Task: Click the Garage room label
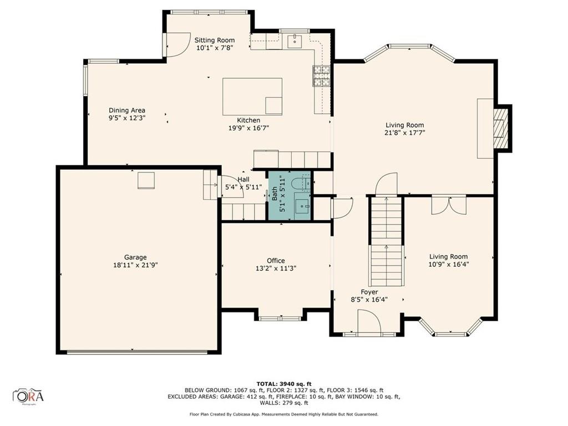(x=135, y=257)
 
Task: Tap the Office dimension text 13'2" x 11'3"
(x=276, y=269)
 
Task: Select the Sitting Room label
(x=214, y=40)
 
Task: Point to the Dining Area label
(x=126, y=110)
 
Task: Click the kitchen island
(x=252, y=96)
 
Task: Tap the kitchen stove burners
(x=321, y=77)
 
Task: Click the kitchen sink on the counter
(x=294, y=40)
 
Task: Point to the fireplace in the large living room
(x=501, y=128)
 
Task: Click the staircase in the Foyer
(x=386, y=241)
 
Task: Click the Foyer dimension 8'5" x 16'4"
(x=369, y=300)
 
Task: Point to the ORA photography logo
(x=29, y=396)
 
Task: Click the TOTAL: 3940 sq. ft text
(x=284, y=383)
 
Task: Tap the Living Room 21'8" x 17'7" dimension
(x=405, y=133)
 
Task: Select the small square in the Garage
(x=146, y=181)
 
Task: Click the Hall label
(x=244, y=180)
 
